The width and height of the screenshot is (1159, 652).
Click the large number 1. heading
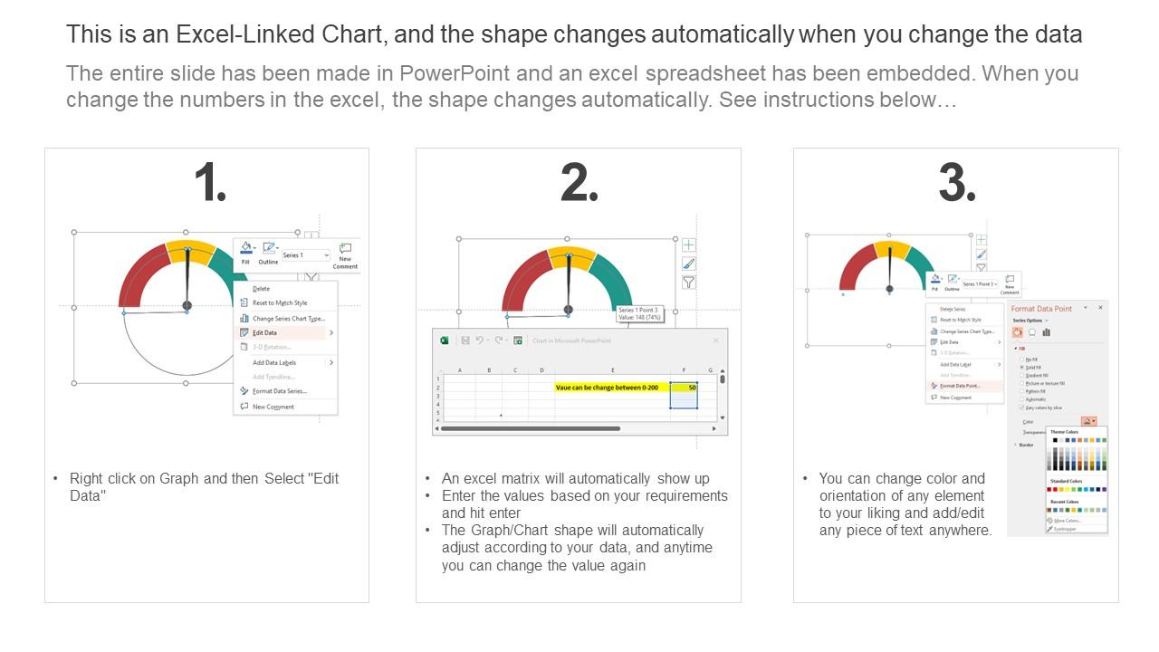[x=209, y=183]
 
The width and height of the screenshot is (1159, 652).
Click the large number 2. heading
[x=579, y=183]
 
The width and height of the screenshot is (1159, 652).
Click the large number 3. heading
[x=957, y=183]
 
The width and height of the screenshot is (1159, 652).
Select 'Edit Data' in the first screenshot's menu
[x=265, y=333]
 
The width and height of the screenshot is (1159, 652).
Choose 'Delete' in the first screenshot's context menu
[x=262, y=289]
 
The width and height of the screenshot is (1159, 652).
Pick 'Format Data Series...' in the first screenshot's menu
[x=279, y=391]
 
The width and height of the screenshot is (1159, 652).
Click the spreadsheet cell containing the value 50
[x=684, y=388]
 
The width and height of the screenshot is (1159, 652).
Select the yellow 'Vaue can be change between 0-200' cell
[x=599, y=388]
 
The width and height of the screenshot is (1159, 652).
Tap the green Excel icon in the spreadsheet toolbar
[x=445, y=340]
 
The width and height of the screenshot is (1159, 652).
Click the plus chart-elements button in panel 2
[x=689, y=244]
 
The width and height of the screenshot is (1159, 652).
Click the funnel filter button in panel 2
[x=689, y=283]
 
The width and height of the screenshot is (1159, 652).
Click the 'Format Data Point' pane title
[x=1041, y=309]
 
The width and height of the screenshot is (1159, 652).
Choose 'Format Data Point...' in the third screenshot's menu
[x=959, y=386]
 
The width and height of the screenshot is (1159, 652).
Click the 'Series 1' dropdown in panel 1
[x=306, y=255]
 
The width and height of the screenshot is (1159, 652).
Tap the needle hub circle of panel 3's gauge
[x=890, y=289]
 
